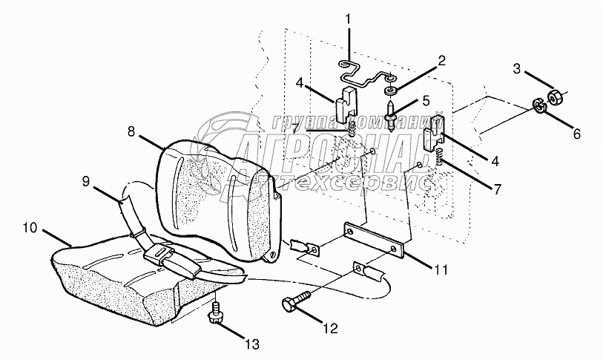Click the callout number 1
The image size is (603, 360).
349,17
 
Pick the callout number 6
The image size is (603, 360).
576,134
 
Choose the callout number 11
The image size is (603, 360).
441,270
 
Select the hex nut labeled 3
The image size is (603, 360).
556,96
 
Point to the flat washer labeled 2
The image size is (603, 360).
389,91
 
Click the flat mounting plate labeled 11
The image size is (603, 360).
375,240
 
